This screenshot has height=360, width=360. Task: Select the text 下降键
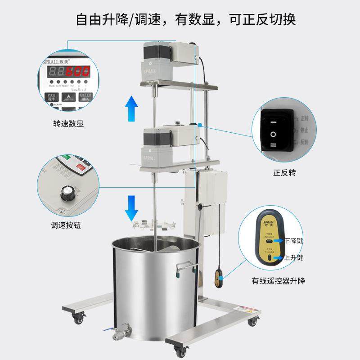pyautogui.click(x=294, y=241)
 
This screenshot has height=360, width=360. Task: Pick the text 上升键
pyautogui.click(x=294, y=258)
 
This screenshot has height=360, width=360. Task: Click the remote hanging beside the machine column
pyautogui.click(x=219, y=275)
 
